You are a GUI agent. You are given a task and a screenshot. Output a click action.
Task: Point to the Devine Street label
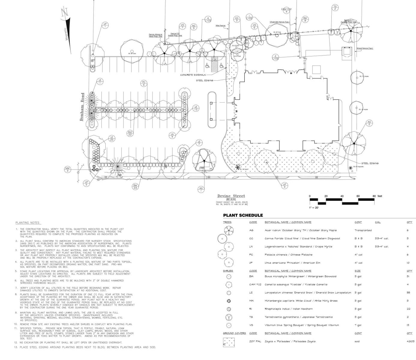pyautogui.click(x=231, y=196)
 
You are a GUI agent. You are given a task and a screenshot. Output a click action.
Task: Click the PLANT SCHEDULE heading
pyautogui.click(x=243, y=215)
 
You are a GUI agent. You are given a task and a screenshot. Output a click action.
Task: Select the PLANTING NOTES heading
pyautogui.click(x=28, y=223)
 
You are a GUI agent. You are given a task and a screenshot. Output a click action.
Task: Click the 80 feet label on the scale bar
pyautogui.click(x=377, y=196)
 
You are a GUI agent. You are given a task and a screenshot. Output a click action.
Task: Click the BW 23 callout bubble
pyautogui.click(x=135, y=187)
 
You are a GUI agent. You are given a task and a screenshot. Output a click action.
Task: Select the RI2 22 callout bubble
pyautogui.click(x=130, y=133)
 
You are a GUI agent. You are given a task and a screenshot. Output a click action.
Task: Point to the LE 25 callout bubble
pyautogui.click(x=112, y=138)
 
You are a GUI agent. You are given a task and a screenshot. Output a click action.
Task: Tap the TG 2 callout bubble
pyautogui.click(x=335, y=7)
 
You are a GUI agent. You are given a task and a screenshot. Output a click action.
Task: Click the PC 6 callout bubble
pyautogui.click(x=144, y=83)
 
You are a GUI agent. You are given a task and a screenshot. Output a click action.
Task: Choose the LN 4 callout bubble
pyautogui.click(x=172, y=136)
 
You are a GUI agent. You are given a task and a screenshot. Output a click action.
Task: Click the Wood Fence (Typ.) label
pyautogui.click(x=365, y=48)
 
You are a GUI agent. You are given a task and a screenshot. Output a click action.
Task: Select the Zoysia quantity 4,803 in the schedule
pyautogui.click(x=410, y=341)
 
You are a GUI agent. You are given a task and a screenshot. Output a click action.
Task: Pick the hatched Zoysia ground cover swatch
pyautogui.click(x=229, y=342)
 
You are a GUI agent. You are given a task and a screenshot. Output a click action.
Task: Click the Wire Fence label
pyautogui.click(x=220, y=26)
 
